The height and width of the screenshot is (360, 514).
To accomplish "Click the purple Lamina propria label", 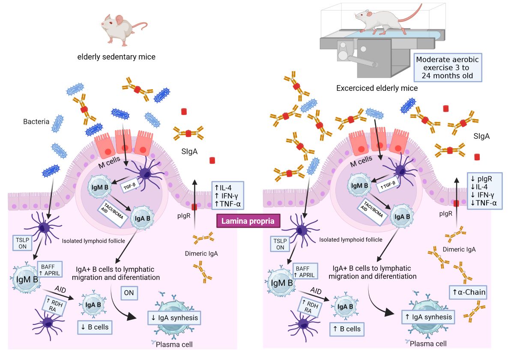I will click(x=248, y=221).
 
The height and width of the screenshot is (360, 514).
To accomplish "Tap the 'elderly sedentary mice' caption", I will click(x=116, y=57).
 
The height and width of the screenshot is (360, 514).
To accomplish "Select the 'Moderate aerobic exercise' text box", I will click(x=448, y=67).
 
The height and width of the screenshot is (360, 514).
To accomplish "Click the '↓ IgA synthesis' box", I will click(x=174, y=318).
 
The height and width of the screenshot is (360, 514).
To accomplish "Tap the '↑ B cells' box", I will click(x=347, y=329).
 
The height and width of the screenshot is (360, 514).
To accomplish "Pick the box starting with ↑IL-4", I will click(x=228, y=195).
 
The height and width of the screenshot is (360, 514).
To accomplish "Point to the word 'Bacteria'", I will click(x=37, y=122).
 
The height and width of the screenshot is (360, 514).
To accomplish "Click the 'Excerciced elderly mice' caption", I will click(x=377, y=88).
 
